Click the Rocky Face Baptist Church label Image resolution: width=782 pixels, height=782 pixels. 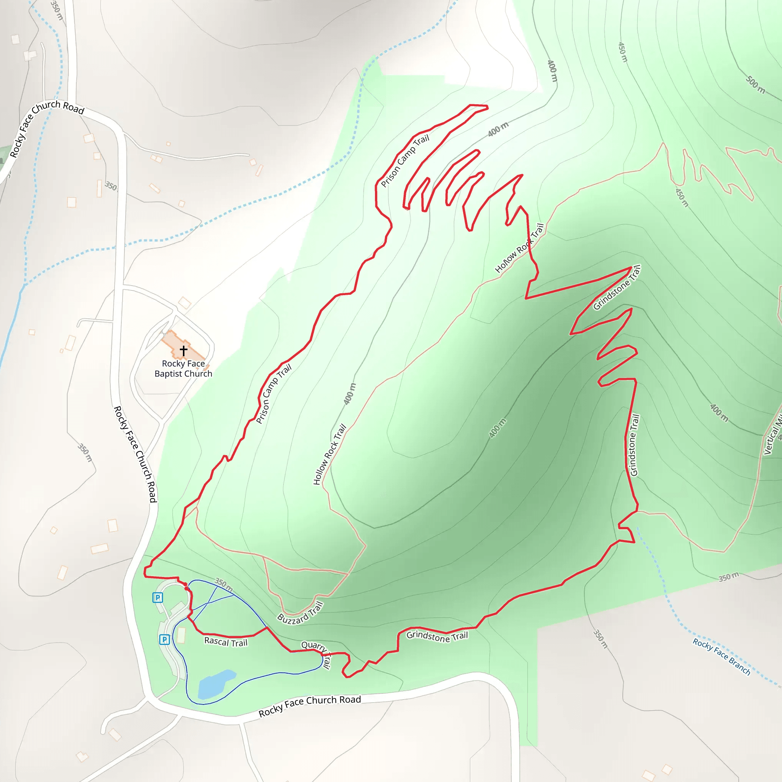(183, 368)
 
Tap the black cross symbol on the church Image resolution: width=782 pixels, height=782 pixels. (183, 350)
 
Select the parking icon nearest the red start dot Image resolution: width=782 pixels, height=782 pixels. (157, 598)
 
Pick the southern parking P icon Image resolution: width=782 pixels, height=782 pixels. (164, 640)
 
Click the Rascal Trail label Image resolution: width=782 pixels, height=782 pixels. (225, 642)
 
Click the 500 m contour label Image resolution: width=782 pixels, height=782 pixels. (755, 85)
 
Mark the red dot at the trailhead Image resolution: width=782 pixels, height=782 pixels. (186, 588)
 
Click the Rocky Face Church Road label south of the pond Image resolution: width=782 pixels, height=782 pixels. (310, 706)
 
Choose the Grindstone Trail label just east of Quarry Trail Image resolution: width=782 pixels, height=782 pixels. (437, 636)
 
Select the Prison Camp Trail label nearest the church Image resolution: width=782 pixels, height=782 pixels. (274, 394)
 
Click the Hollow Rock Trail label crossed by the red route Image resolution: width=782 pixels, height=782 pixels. (519, 248)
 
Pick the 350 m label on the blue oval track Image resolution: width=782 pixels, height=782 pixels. (223, 585)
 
